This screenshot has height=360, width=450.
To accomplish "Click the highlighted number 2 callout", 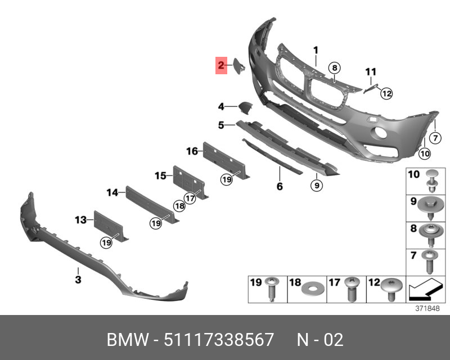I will (222, 66).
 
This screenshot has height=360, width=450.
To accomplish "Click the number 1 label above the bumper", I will (316, 51).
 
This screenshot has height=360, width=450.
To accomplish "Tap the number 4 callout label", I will (222, 106).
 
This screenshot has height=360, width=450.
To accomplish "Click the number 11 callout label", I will (370, 71).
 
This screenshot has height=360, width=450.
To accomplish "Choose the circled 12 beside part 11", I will (386, 94).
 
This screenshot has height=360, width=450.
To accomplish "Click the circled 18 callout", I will (179, 206).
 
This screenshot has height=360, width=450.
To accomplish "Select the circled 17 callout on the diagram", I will (190, 198).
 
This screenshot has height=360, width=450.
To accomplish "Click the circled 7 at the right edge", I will (435, 138).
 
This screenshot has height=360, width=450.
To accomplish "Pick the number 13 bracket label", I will (80, 220).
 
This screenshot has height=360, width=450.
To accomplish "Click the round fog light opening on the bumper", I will (379, 134).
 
